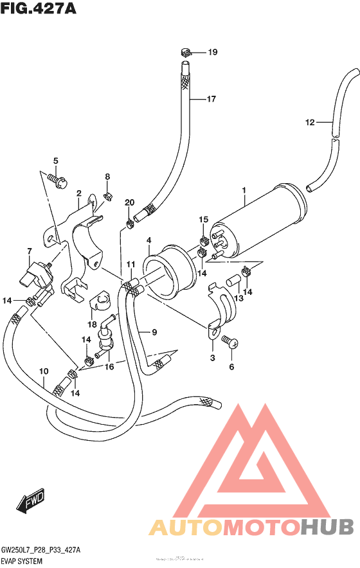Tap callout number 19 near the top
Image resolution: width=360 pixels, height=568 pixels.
[213, 52]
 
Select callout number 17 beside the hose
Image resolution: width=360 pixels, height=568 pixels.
[211, 99]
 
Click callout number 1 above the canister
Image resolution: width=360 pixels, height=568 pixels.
[244, 190]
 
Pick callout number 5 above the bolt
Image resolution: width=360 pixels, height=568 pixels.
[55, 161]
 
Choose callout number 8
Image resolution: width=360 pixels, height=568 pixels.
[107, 177]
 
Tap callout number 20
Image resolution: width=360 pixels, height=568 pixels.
[129, 203]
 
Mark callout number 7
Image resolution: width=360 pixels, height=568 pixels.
[29, 251]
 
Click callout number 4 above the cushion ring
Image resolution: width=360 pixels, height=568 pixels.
[148, 240]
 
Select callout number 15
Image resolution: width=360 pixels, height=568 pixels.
[203, 220]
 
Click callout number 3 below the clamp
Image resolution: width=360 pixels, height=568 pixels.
[212, 357]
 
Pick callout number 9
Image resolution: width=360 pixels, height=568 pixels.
[154, 332]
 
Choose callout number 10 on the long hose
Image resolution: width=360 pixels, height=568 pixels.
[44, 371]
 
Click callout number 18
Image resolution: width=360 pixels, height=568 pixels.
[92, 324]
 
